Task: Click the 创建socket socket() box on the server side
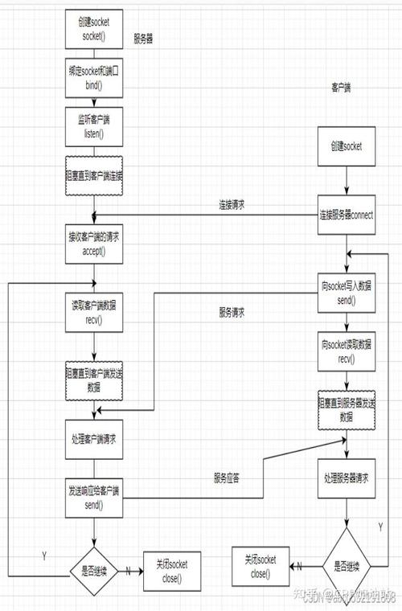tap(94, 29)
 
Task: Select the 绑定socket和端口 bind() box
tap(94, 76)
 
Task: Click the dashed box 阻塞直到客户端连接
tap(94, 174)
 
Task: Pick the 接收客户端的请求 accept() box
tap(94, 244)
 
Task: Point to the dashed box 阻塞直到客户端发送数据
tap(94, 379)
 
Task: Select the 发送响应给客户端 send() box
tap(94, 498)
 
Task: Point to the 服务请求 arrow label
tap(232, 313)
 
